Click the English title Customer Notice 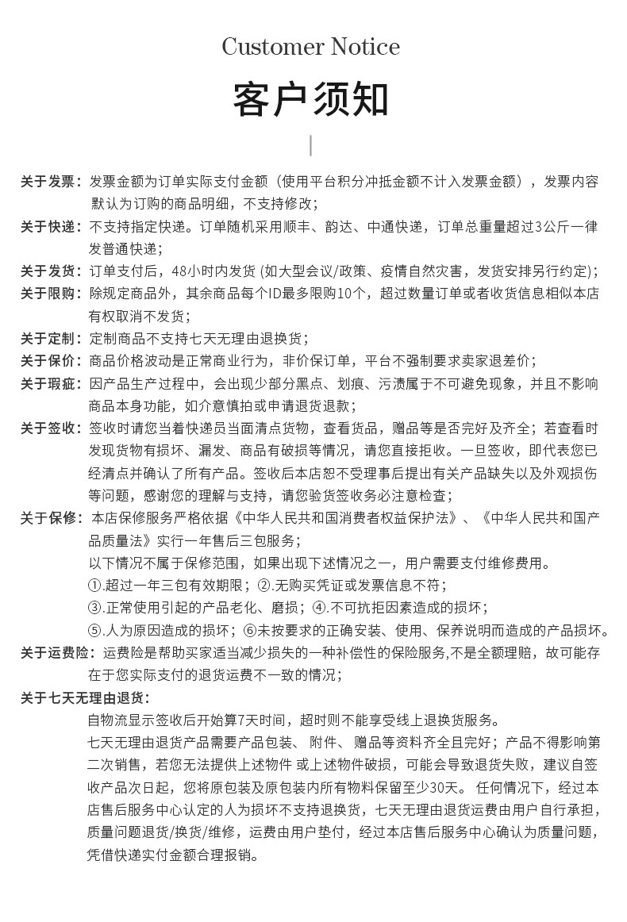tap(310, 47)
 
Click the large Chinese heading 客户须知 tap(310, 99)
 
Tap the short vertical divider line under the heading tap(310, 145)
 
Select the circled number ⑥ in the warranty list tap(249, 631)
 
